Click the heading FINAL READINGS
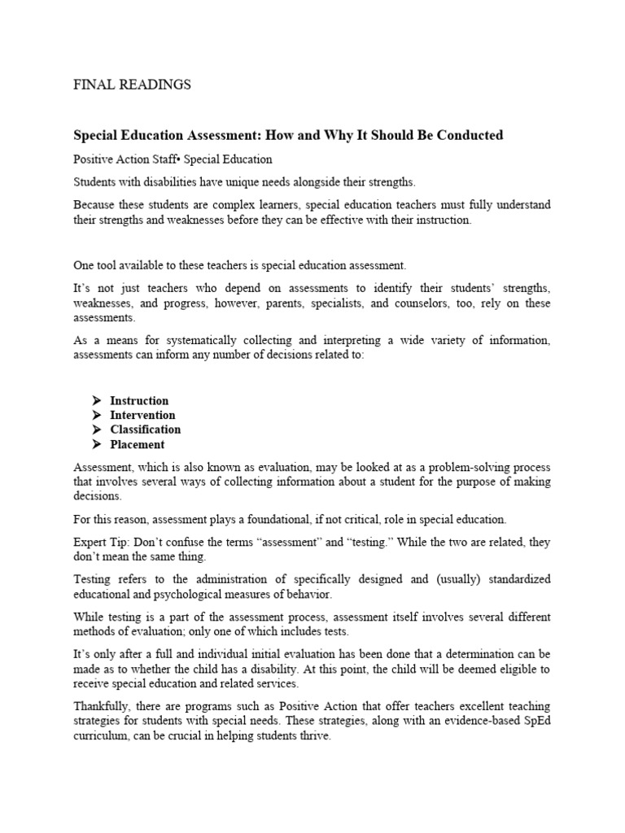tap(133, 85)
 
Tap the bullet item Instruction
tap(139, 400)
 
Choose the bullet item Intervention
tap(142, 415)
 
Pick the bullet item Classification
tap(146, 430)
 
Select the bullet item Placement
tap(138, 444)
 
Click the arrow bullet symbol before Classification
tap(96, 430)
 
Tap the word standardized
tap(514, 579)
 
